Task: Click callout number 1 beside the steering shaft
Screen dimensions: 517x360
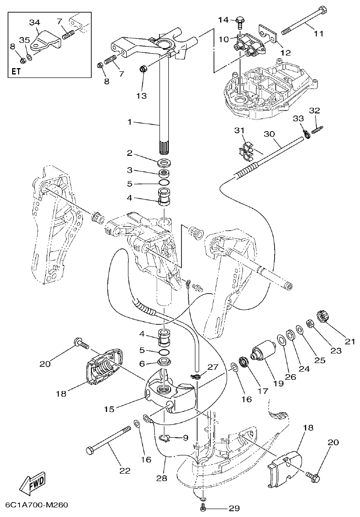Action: pos(131,122)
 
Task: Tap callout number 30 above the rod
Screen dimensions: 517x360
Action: pos(270,133)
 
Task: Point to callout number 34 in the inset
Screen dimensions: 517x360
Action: pos(35,22)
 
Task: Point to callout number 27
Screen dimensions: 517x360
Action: pos(213,367)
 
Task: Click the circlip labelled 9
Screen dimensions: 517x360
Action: pos(165,438)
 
